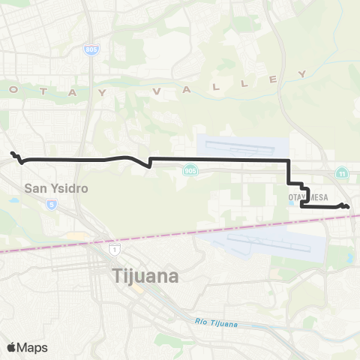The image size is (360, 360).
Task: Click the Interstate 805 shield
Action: [90, 49]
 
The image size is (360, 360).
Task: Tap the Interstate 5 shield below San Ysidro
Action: [51, 203]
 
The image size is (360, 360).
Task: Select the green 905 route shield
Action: [190, 172]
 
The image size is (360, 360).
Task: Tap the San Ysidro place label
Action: [56, 188]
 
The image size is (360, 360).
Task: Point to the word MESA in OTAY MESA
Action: [310, 197]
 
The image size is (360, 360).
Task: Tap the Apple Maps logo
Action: [27, 347]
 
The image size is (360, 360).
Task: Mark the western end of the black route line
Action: [12, 154]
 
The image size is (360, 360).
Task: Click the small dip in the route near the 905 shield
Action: [151, 166]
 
